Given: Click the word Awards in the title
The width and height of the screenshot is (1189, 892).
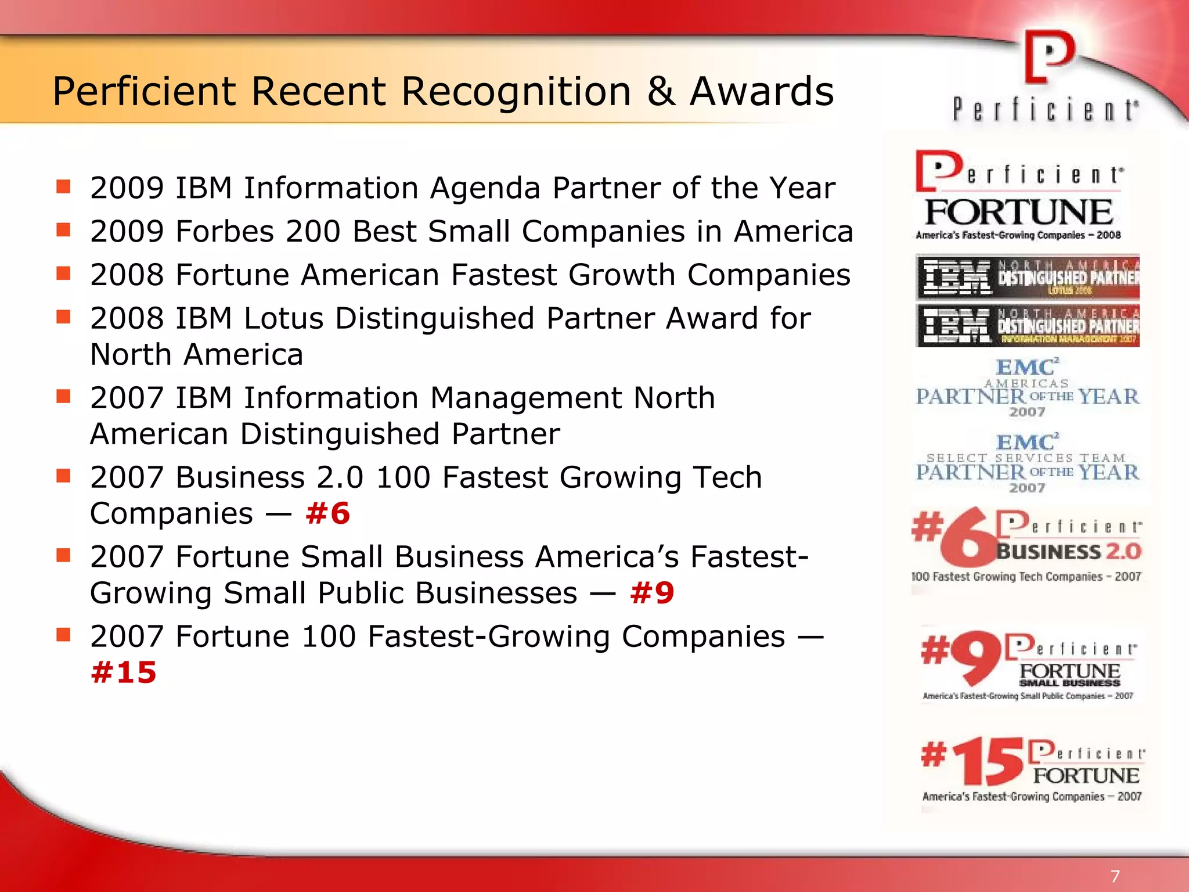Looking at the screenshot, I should click(762, 92).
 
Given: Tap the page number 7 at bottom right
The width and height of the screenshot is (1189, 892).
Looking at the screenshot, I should click(1115, 876).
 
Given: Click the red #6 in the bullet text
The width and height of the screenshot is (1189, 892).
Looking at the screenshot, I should click(328, 513).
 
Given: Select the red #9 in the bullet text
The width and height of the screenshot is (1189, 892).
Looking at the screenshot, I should click(652, 593).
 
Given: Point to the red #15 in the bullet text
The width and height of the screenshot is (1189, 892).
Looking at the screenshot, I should click(124, 672).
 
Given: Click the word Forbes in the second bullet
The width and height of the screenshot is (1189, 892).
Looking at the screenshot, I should click(225, 231).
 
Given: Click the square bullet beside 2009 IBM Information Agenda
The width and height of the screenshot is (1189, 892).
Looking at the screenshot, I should click(63, 186).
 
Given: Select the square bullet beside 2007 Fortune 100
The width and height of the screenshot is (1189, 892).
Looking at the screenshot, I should click(63, 635).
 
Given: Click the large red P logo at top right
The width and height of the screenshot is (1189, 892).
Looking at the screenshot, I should click(1049, 57).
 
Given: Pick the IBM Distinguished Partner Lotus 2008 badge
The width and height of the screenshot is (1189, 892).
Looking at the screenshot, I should click(1028, 277).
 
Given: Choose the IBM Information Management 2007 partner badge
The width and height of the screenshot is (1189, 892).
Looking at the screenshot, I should click(1028, 326).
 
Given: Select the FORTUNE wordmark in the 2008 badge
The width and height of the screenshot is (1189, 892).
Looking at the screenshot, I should click(1019, 212).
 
